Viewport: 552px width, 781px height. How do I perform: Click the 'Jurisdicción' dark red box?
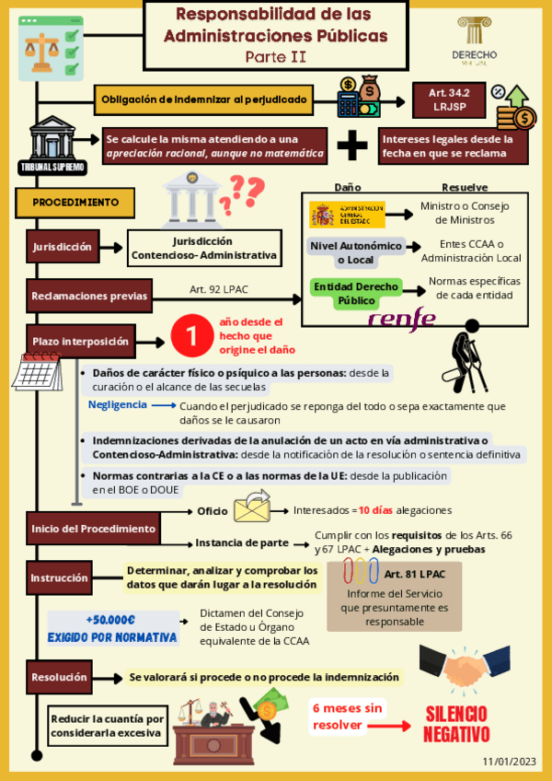pos(62,247)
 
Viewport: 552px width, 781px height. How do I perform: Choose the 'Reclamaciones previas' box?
pos(89,297)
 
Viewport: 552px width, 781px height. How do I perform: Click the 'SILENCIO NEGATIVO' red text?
pos(457,724)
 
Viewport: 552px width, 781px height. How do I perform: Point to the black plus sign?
pos(351,146)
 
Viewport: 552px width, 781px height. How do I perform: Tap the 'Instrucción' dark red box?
pos(60,578)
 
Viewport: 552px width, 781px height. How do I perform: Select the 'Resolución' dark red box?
pos(60,677)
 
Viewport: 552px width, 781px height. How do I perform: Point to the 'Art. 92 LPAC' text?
pos(219,289)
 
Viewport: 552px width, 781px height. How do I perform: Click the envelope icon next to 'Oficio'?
pos(251,507)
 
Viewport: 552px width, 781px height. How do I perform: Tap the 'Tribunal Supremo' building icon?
pos(52,146)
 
